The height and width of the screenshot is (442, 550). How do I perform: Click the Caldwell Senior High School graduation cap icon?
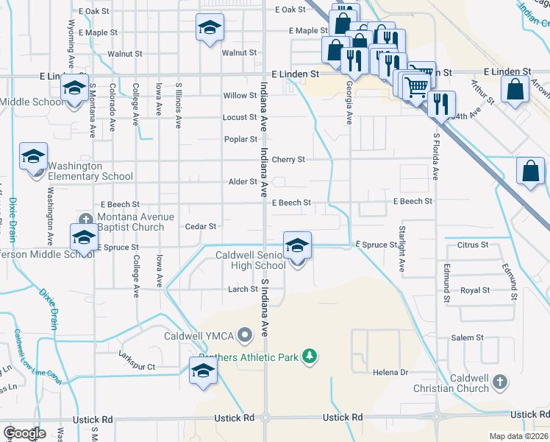pos(297,245)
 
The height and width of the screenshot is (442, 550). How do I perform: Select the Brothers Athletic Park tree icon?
pos(310,357)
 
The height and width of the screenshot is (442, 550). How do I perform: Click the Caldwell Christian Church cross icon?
pos(499,382)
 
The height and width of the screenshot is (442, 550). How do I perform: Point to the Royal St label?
pos(475,290)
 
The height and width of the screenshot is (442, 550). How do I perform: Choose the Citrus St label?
pos(473,245)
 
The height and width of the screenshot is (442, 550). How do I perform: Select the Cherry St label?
pos(288,160)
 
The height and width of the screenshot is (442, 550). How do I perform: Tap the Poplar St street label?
pos(241,138)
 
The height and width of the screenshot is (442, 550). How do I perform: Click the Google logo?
pos(25,433)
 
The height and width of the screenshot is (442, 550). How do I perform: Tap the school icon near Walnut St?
pos(210,28)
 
